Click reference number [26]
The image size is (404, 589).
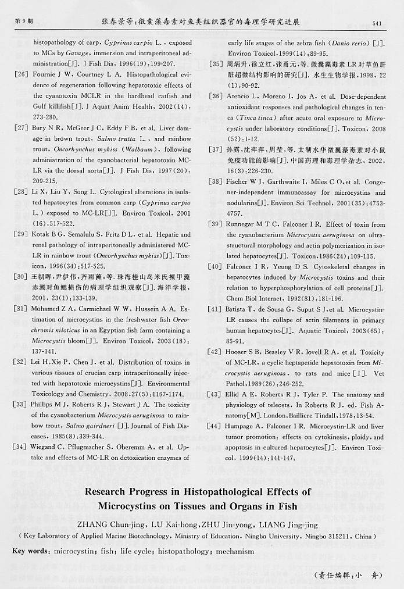[x=21, y=75]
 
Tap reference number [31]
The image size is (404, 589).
[x=21, y=309]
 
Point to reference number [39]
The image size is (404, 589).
[x=214, y=224]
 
